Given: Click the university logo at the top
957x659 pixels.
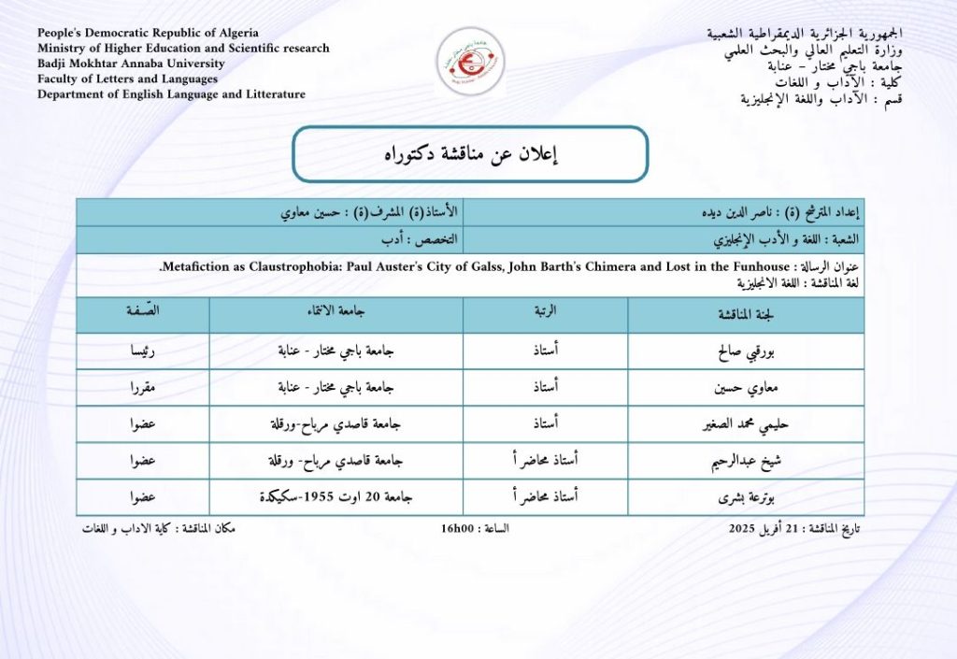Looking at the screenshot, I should pos(470,58).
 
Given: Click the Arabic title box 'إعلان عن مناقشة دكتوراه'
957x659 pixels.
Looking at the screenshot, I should pos(470,154).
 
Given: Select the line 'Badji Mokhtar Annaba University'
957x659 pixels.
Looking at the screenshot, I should pos(131,64).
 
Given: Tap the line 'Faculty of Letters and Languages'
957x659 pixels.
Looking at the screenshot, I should pos(127,79).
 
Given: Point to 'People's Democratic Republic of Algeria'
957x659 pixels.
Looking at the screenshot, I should pos(148,33).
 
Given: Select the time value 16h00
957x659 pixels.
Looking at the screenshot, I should pos(459,529).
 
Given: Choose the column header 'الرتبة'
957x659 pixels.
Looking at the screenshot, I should pos(545,315).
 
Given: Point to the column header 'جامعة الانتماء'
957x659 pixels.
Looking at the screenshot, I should pos(336,315).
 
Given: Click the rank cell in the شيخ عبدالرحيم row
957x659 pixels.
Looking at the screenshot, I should pos(544,462).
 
